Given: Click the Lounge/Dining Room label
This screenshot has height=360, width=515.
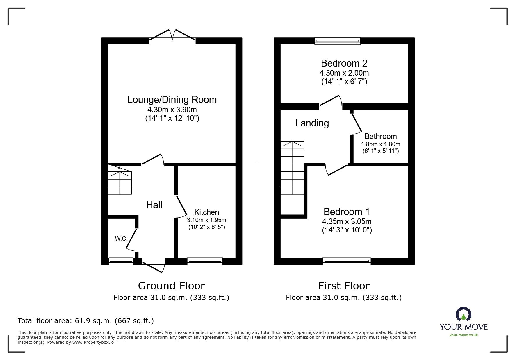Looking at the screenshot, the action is [x=172, y=100].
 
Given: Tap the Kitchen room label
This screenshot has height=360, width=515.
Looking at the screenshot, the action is [x=206, y=212].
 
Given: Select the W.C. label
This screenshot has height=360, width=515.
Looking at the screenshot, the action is [x=121, y=239].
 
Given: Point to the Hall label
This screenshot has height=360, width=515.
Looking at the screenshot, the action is [x=154, y=205].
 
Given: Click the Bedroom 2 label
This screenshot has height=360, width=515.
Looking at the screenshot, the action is [x=344, y=63].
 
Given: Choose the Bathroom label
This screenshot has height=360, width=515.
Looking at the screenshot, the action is [x=381, y=136].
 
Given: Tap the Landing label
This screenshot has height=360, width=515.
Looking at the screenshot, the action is [x=312, y=123].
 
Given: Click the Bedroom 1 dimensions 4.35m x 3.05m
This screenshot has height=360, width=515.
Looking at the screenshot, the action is [x=347, y=221].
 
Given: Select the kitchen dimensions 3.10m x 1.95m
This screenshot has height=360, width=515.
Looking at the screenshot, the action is [x=206, y=220].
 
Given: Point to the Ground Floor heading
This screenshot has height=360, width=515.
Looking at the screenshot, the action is [x=171, y=286].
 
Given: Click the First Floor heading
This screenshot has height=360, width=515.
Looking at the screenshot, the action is [x=344, y=286].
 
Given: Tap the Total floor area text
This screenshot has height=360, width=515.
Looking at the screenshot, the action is [x=86, y=321].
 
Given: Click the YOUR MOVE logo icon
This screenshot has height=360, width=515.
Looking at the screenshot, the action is [x=463, y=314].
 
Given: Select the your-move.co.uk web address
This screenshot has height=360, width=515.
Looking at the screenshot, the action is [x=464, y=335].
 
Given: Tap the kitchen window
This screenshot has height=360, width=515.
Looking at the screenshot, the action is [x=205, y=261].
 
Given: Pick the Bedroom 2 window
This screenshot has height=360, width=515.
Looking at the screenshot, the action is [x=337, y=41].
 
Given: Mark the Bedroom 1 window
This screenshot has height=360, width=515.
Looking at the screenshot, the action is [x=347, y=261].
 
